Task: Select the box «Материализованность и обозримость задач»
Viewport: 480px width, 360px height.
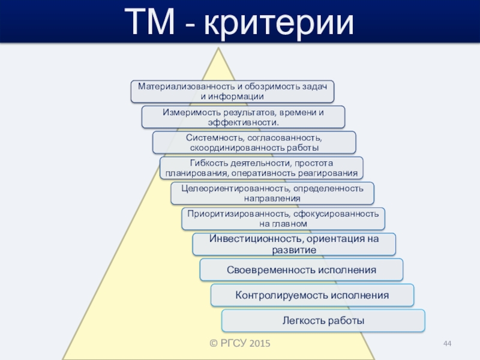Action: click(232, 91)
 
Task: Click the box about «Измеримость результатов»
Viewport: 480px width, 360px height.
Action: click(243, 117)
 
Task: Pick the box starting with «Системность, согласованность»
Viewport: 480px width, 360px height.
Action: click(254, 142)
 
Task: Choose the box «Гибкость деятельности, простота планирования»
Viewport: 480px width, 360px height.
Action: click(261, 168)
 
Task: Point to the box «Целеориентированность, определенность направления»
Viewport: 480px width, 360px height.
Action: click(272, 193)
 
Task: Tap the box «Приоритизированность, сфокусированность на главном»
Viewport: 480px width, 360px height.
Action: click(283, 218)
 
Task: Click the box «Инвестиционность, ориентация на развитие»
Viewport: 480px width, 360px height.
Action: click(294, 244)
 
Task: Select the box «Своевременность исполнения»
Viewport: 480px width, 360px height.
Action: click(301, 270)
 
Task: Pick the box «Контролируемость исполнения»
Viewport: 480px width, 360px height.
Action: click(312, 295)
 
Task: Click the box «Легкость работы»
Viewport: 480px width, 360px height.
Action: click(323, 320)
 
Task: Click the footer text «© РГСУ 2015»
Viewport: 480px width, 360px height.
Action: click(239, 344)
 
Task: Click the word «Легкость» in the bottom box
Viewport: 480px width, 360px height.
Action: click(304, 320)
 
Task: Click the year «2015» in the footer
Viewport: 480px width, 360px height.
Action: click(259, 344)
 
